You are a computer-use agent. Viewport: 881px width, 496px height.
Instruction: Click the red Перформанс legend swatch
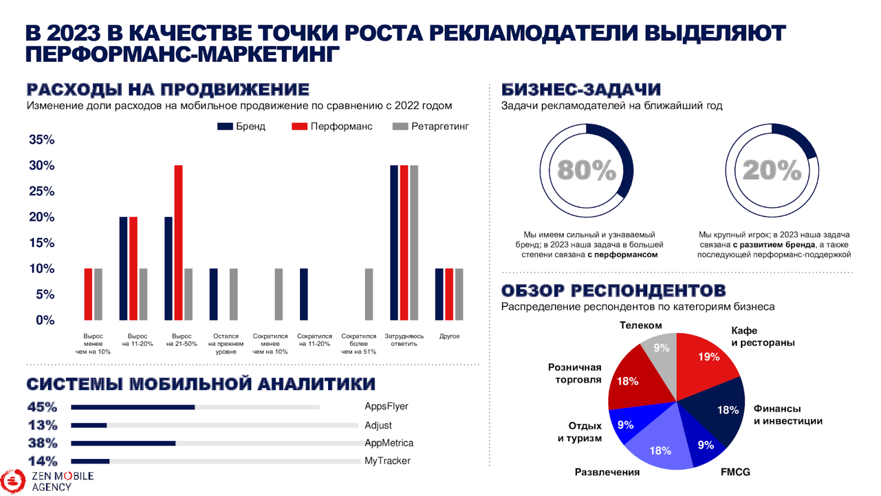(299, 126)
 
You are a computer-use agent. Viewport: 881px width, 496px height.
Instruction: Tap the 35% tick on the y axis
(42, 140)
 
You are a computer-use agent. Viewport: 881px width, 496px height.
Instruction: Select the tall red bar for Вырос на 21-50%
(178, 242)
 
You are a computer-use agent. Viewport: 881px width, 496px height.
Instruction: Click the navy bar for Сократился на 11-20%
(303, 294)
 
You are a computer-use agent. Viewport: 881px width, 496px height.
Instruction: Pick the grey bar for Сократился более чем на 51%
(369, 294)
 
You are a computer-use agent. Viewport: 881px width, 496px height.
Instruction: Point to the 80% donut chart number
(586, 170)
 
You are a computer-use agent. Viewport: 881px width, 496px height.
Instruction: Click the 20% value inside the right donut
(771, 170)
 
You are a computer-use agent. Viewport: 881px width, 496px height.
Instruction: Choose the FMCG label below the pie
(735, 472)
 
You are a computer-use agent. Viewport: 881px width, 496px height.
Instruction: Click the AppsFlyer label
(386, 406)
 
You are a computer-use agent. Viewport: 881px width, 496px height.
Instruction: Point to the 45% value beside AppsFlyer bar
(42, 407)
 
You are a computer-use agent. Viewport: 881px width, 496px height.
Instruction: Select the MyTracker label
(387, 461)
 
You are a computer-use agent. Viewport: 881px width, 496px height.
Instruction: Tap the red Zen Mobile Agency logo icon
(13, 481)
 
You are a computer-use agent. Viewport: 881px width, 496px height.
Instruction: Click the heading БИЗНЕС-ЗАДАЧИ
(580, 89)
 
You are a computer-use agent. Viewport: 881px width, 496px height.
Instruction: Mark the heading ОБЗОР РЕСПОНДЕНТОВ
(613, 290)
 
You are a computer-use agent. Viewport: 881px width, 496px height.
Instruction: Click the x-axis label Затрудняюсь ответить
(404, 340)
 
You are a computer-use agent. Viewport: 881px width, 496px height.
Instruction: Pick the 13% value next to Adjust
(42, 425)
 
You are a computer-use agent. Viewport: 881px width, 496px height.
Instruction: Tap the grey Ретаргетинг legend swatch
(400, 126)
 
